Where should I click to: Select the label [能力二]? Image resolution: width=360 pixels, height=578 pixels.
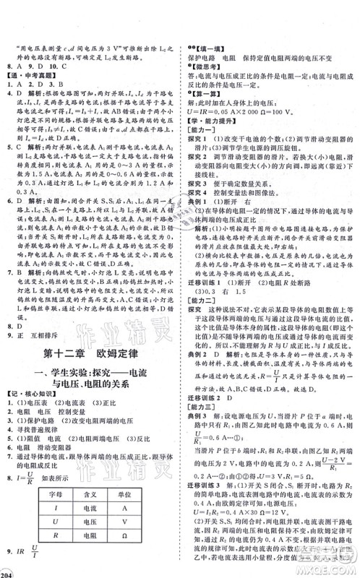tap(202, 306)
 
